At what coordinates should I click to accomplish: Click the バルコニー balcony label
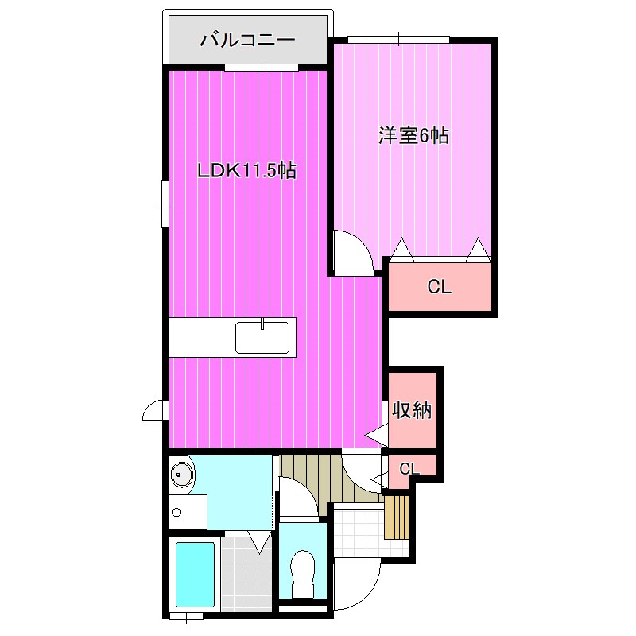coord(247,41)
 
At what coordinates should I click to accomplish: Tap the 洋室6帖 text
coord(413,135)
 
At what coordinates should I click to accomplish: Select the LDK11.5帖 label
coord(246,171)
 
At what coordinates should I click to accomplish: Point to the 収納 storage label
coord(411,410)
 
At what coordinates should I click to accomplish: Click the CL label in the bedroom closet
coord(440,287)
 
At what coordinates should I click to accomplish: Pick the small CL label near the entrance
coord(409,469)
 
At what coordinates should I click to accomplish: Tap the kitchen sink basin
coord(262,337)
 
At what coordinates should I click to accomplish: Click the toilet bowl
coord(303,574)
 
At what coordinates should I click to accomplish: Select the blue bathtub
coord(195,573)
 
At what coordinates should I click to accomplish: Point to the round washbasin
coord(180,473)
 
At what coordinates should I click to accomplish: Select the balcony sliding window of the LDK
coord(262,68)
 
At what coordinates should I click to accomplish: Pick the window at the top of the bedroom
coord(398,39)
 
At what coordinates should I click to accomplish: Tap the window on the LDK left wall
coord(165,204)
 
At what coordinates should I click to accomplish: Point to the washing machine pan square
coord(188,512)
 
